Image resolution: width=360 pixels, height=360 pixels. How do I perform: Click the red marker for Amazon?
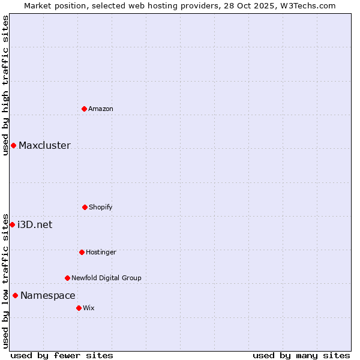84,109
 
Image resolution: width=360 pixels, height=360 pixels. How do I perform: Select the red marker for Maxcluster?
13,145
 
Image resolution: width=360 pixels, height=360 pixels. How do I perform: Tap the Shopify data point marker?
85,207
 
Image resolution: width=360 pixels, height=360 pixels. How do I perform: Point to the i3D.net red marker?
12,224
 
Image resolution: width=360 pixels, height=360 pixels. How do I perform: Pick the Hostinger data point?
82,252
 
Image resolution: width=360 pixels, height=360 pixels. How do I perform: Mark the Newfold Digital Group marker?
67,278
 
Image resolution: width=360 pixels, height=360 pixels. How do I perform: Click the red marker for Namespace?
15,295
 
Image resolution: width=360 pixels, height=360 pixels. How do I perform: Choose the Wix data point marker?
79,308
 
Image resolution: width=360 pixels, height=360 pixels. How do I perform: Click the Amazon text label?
101,109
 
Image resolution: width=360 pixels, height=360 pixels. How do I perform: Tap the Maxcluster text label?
44,145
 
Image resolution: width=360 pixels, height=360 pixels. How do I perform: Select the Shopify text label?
101,207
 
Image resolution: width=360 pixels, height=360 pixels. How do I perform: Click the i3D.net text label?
35,224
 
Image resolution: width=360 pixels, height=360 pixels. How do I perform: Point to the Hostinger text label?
101,252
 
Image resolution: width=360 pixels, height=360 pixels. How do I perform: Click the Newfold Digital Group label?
106,278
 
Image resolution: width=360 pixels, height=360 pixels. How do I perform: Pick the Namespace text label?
48,295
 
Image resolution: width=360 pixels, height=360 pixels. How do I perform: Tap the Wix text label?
89,308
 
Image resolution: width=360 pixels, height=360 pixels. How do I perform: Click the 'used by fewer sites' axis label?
62,355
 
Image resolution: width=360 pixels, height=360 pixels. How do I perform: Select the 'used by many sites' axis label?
301,355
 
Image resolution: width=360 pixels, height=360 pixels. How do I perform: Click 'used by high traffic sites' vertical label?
5,85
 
